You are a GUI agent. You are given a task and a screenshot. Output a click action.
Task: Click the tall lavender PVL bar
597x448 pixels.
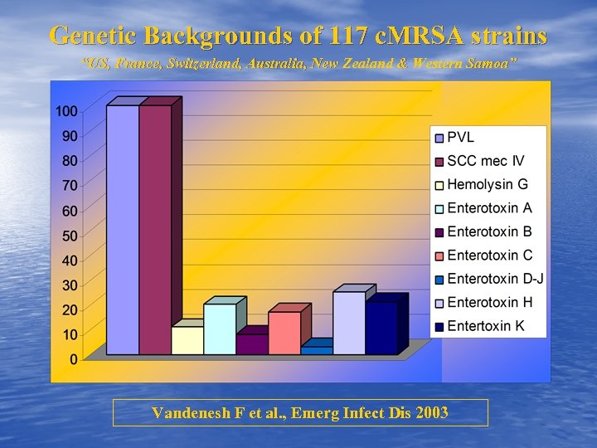(123, 230)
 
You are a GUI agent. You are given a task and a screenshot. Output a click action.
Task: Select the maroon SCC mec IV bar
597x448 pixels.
(154, 230)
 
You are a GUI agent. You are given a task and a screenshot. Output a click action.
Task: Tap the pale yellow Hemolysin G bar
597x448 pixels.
(187, 340)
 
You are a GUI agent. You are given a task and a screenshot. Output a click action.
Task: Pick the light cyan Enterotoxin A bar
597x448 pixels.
(220, 329)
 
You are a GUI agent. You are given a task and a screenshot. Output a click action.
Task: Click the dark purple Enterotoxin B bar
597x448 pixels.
(252, 344)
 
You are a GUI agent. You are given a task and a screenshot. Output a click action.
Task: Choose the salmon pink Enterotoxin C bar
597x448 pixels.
(284, 333)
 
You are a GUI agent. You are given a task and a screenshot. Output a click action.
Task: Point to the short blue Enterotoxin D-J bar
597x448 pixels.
(316, 351)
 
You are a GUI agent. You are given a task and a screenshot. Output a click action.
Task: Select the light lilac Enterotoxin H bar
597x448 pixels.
(348, 323)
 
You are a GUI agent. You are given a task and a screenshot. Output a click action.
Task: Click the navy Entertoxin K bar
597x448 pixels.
(381, 328)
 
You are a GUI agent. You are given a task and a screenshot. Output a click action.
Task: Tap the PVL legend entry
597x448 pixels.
(461, 137)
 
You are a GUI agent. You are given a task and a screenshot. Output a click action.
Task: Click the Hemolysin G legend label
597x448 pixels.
(487, 184)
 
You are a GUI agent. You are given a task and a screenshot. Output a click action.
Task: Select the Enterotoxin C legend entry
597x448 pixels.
(489, 255)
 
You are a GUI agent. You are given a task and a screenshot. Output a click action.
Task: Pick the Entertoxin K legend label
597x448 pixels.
(485, 325)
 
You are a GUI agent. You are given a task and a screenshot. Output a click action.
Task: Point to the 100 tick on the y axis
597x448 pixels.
(67, 111)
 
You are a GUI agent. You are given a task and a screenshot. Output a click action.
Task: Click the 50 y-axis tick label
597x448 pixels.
(70, 236)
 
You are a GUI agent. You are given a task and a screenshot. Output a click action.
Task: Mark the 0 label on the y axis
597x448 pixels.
(74, 359)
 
